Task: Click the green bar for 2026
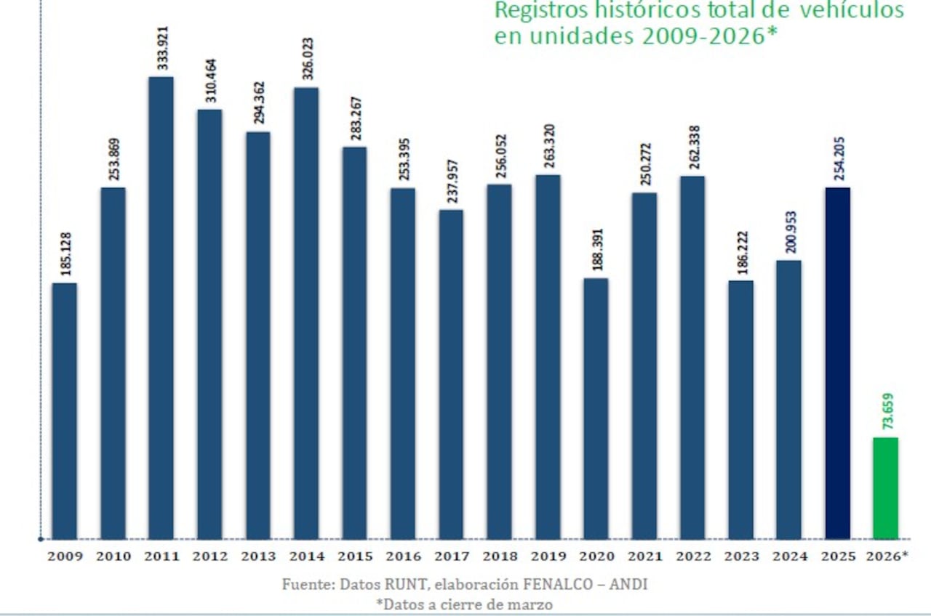click(x=885, y=488)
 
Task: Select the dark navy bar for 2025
click(x=837, y=363)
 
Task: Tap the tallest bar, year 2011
click(x=161, y=308)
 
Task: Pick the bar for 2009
click(x=65, y=411)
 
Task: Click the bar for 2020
click(x=596, y=409)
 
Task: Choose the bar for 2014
click(x=306, y=313)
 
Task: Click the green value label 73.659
click(x=887, y=410)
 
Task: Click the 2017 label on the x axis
click(x=452, y=557)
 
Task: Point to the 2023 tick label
click(x=741, y=557)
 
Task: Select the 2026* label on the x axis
click(x=887, y=557)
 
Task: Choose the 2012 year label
click(x=209, y=557)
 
